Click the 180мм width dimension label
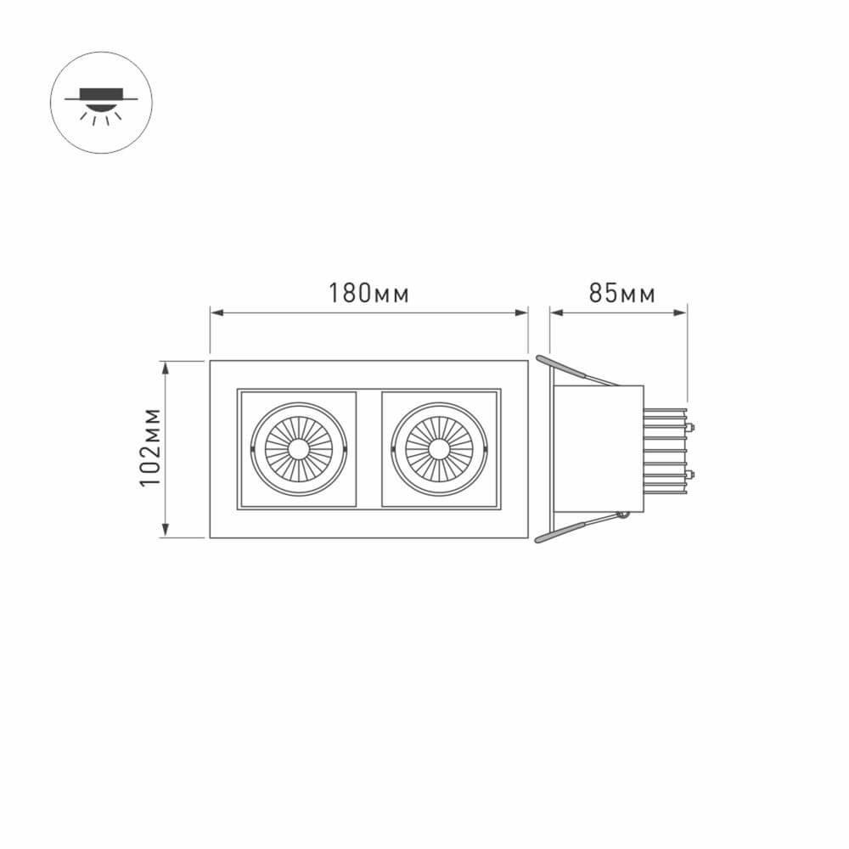point(369,294)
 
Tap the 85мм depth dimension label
point(622,294)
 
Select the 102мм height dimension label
point(151,448)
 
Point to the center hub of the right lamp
point(439,448)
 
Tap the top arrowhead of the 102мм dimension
point(166,366)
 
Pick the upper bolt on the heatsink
point(691,427)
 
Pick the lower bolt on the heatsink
point(691,473)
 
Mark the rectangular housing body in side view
point(599,448)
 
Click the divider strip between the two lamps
point(368,448)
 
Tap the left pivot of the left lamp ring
point(253,448)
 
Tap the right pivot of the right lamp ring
point(486,448)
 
